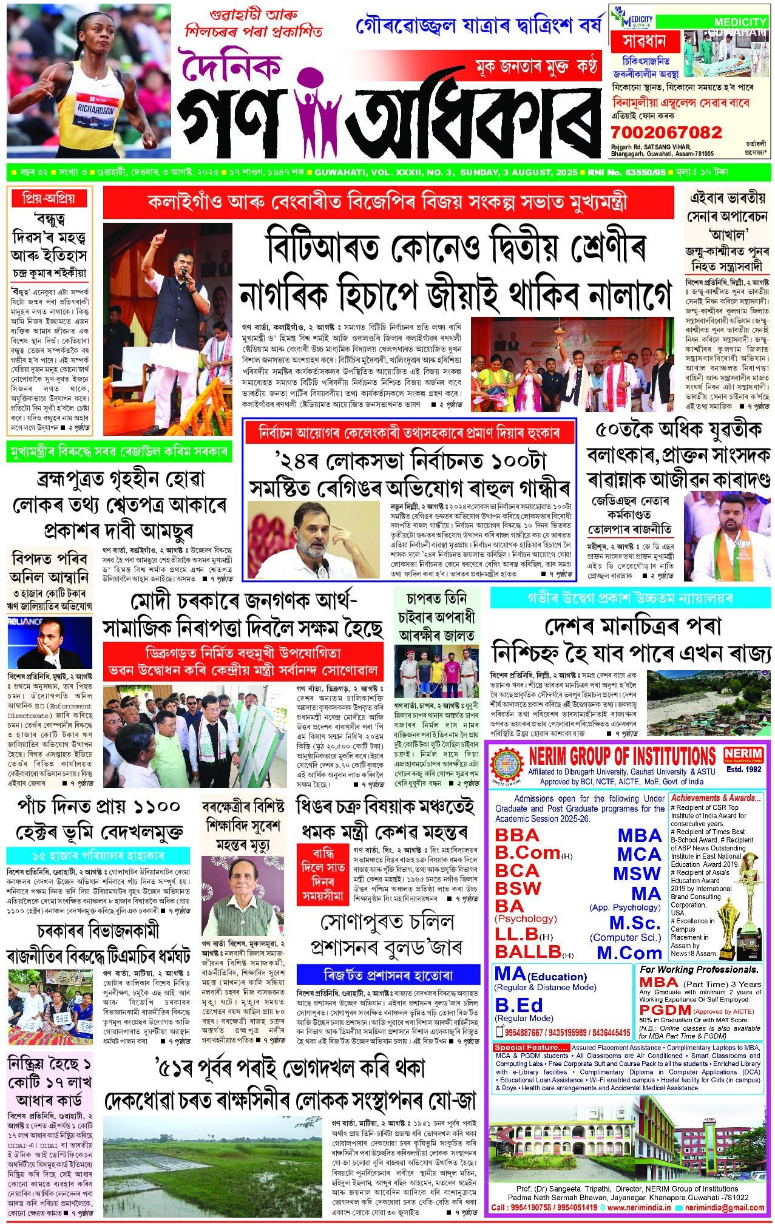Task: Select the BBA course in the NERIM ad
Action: point(517,835)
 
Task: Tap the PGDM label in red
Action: point(665,1010)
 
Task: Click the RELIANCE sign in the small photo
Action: point(25,622)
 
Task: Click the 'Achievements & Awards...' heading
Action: point(715,798)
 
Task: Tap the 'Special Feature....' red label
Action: point(530,1048)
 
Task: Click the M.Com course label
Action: point(629,953)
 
